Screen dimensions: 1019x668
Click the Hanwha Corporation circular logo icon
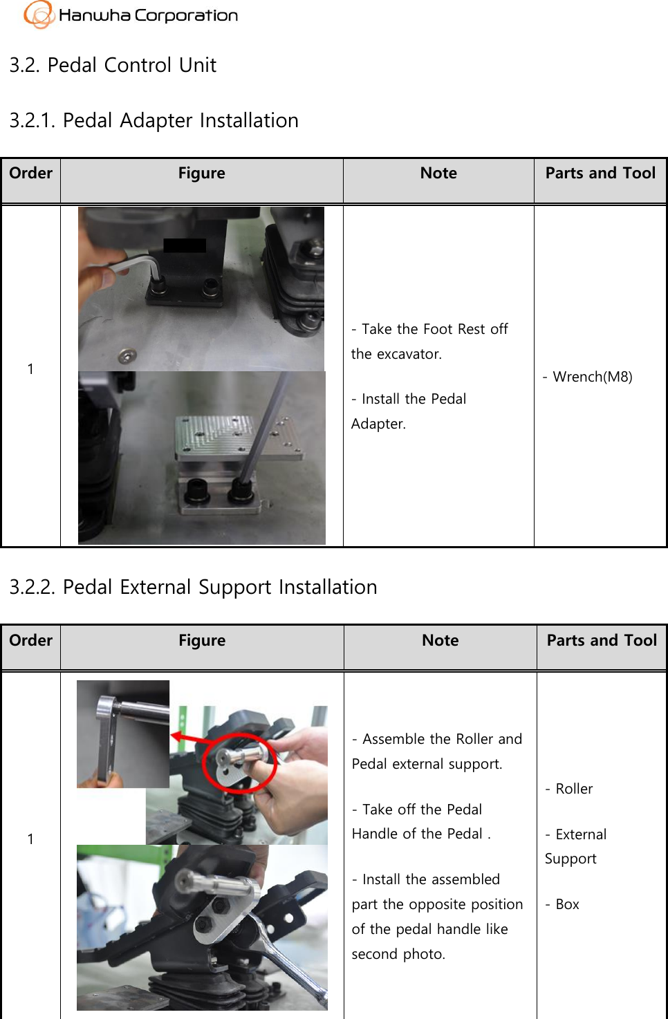click(39, 14)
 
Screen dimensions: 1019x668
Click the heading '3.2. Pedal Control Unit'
click(113, 65)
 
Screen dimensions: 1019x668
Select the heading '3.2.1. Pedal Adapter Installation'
click(154, 120)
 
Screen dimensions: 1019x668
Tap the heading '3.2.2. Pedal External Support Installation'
click(193, 587)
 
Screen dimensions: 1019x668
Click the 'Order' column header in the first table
click(31, 174)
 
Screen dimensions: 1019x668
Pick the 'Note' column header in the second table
click(440, 641)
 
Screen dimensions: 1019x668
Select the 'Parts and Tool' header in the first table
click(600, 174)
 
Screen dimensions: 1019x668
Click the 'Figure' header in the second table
click(201, 641)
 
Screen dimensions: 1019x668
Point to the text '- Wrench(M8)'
click(587, 377)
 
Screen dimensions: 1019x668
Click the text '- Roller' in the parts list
click(569, 789)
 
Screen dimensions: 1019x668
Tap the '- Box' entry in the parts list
click(562, 904)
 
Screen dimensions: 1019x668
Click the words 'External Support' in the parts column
click(575, 846)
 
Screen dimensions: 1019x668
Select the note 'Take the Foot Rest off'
click(429, 329)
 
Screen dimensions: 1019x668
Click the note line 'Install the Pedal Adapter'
click(409, 411)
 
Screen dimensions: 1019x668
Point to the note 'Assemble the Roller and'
click(437, 739)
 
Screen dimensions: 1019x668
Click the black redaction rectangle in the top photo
click(185, 245)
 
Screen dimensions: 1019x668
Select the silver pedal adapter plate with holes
click(239, 438)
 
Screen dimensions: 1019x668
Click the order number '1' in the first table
click(30, 369)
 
